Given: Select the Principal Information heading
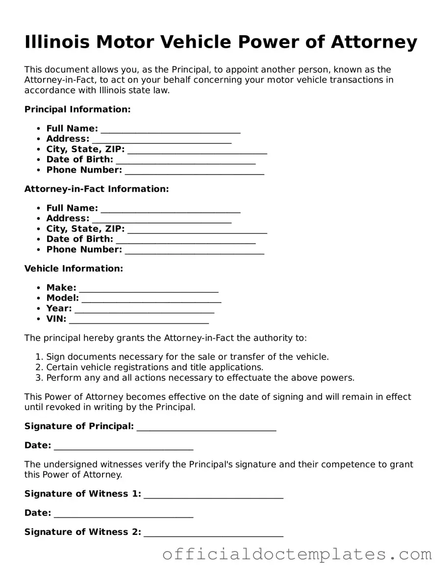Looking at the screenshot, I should (x=77, y=109).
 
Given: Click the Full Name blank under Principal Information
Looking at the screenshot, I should (x=170, y=129).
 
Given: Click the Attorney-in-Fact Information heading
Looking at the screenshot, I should (x=97, y=189).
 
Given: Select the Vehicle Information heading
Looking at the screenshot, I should (x=74, y=269).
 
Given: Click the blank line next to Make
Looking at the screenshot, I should (x=148, y=288).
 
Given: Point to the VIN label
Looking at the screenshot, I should (x=56, y=319).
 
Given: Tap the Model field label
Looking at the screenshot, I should (x=62, y=298).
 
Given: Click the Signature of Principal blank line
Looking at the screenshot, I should (x=206, y=427).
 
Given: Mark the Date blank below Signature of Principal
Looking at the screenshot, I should (x=124, y=446).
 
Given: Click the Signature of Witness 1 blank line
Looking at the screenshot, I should (x=213, y=495).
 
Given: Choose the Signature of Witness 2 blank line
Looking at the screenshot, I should (x=213, y=533).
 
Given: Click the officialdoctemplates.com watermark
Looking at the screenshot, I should (x=297, y=554).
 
